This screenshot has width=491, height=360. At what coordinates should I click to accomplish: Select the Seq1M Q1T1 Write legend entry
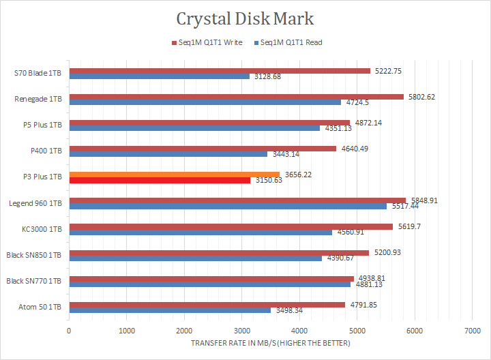[208, 42]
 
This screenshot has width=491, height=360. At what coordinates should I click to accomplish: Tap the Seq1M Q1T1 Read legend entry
[287, 42]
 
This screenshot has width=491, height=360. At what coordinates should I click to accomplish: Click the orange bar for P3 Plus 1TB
[174, 175]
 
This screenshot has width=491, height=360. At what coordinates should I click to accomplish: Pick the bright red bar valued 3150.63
[160, 180]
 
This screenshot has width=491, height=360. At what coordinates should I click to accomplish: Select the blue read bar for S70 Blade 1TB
[159, 76]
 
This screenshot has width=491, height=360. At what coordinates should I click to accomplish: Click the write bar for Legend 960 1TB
[237, 200]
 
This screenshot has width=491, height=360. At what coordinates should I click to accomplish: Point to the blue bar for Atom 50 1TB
[170, 310]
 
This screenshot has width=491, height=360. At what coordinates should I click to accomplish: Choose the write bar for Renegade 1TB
[236, 96]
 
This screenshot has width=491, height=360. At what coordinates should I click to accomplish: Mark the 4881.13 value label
[369, 285]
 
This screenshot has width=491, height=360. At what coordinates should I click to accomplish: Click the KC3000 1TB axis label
[42, 229]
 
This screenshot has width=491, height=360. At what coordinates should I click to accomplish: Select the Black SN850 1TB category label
[35, 255]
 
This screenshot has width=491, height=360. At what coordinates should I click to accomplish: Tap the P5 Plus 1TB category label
[42, 125]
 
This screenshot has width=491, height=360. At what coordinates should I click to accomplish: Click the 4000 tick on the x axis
[299, 331]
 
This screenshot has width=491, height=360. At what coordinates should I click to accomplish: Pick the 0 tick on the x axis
[69, 331]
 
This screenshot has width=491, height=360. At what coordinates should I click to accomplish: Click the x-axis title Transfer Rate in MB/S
[270, 343]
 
